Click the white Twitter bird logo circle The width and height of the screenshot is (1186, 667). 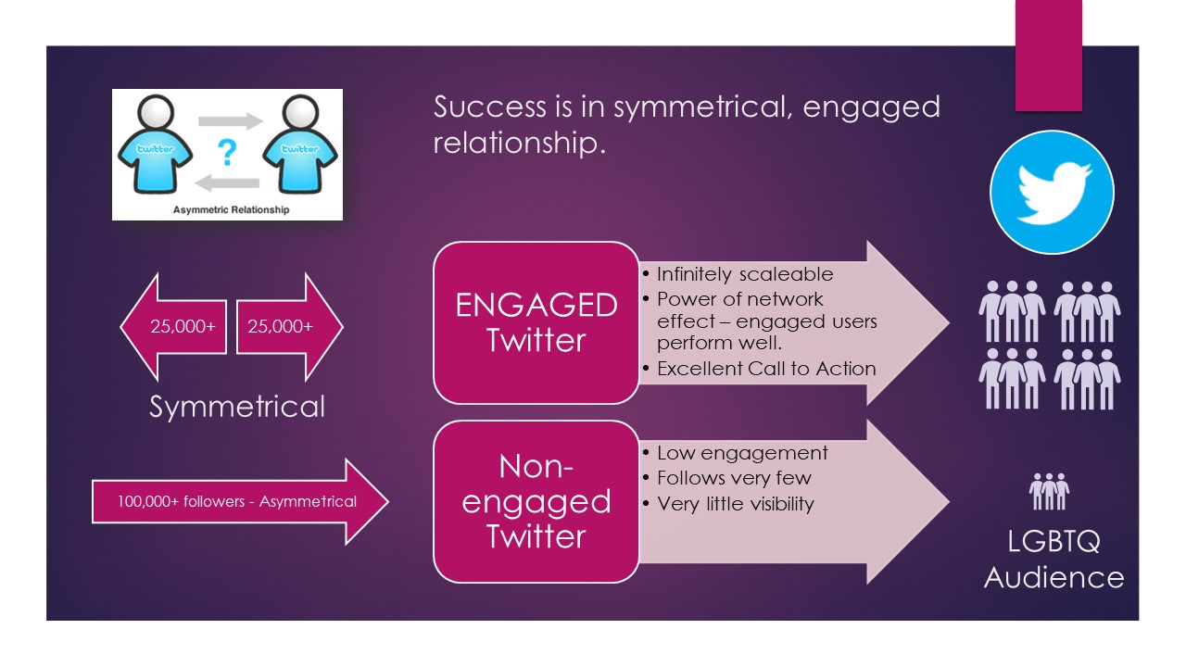pos(1052,192)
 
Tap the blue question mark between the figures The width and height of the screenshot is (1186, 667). pos(227,153)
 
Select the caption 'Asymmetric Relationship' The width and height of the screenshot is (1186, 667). pos(231,209)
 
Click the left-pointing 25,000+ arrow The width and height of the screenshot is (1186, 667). pos(173,327)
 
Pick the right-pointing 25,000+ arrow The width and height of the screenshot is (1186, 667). pos(290,327)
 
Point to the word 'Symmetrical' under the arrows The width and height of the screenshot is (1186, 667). pos(236,407)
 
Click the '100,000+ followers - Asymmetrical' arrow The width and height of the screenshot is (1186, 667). pos(240,501)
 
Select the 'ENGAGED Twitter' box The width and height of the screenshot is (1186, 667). pos(536,323)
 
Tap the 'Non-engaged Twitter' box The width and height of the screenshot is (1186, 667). pos(536,502)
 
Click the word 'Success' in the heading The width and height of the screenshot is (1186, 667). pos(490,107)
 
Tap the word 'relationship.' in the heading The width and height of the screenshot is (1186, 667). pos(520,143)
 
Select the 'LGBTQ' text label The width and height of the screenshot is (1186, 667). pos(1054,542)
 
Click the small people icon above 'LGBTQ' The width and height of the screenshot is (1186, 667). pos(1050,491)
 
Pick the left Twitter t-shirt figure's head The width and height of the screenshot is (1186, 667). pos(155,114)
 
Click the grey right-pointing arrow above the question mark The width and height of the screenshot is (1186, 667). pos(231,121)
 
